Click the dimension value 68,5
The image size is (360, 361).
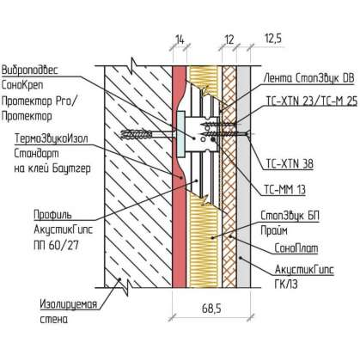pos(211,309)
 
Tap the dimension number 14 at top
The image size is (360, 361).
pos(180,40)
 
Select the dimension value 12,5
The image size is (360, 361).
pos(272,38)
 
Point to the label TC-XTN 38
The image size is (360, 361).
pos(290,164)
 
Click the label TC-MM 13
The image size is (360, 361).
pos(284,189)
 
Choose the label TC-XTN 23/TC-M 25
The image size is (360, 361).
pos(312,101)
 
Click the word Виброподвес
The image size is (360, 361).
pos(30,70)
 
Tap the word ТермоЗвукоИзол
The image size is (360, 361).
pos(52,138)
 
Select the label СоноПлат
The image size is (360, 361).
pos(296,248)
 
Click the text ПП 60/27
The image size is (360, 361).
pos(56,245)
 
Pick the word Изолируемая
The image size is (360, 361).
pos(69,304)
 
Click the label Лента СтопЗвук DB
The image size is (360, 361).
pos(308,78)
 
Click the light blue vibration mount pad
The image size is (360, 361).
pos(180,135)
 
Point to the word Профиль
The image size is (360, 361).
pos(52,215)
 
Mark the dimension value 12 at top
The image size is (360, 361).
pos(229,40)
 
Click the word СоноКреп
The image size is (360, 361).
pos(22,85)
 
